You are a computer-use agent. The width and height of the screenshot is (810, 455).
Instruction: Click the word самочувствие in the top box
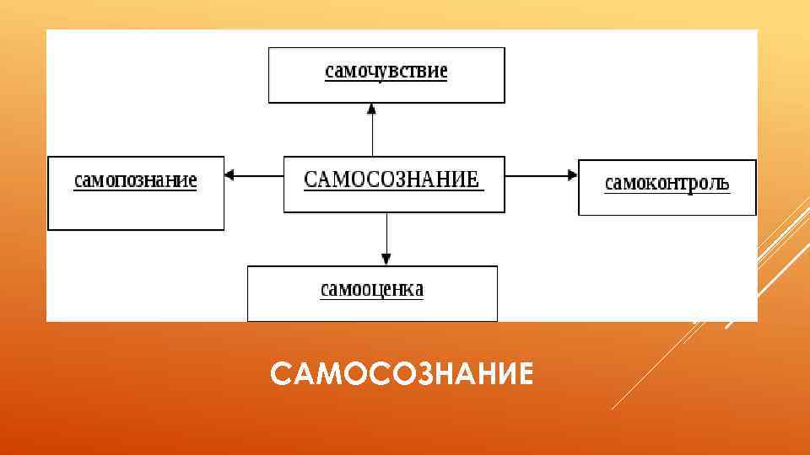pyautogui.click(x=386, y=71)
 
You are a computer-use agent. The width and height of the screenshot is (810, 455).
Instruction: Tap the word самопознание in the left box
pyautogui.click(x=136, y=180)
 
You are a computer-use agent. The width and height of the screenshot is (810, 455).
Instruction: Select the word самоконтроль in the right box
pyautogui.click(x=667, y=183)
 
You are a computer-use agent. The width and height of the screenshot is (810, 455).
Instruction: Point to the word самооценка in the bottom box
pyautogui.click(x=372, y=290)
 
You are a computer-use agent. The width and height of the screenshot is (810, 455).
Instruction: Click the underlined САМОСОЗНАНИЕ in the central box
pyautogui.click(x=391, y=179)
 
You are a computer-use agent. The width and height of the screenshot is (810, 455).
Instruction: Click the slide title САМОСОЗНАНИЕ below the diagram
pyautogui.click(x=402, y=372)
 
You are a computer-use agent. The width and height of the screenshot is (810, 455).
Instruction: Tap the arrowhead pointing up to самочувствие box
pyautogui.click(x=372, y=108)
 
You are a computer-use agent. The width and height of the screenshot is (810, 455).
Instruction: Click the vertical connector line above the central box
pyautogui.click(x=372, y=135)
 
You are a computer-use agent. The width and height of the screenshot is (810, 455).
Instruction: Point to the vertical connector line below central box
pyautogui.click(x=386, y=232)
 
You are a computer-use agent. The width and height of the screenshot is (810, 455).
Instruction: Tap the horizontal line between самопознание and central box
pyautogui.click(x=257, y=175)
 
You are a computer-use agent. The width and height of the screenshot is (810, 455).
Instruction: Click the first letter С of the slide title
pyautogui.click(x=279, y=372)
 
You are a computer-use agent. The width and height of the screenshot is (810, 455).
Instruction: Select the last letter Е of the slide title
pyautogui.click(x=525, y=372)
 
